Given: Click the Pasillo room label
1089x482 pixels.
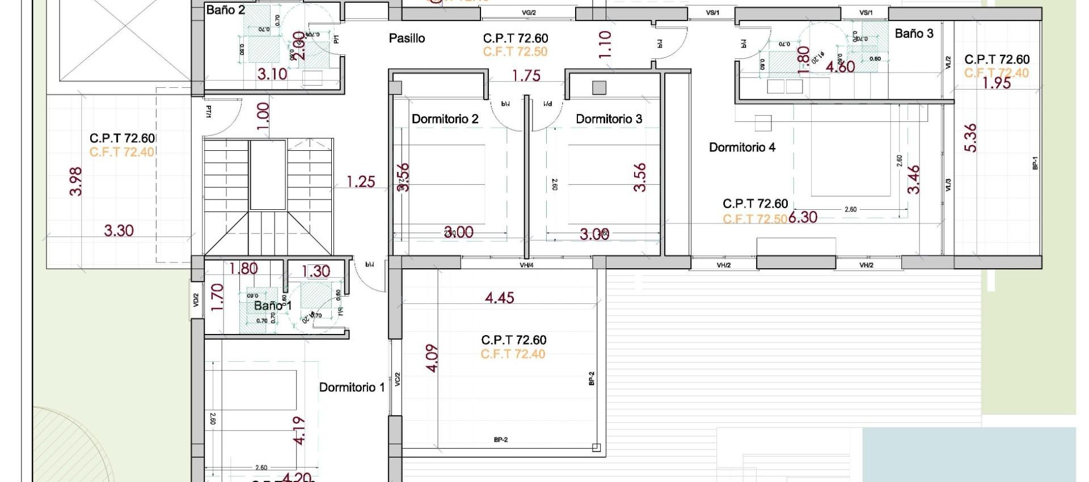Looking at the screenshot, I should pos(407,39).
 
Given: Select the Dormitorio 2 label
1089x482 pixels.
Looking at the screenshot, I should pos(445,119).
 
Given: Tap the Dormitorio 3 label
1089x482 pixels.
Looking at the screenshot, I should pos(609,119).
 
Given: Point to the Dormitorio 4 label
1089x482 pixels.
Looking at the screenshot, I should pos(742,147).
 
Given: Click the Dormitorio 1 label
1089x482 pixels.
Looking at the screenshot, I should pos(352,387).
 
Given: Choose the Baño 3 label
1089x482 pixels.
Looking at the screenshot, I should pos(914,33).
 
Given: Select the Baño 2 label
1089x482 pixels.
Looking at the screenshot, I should pos(225,10).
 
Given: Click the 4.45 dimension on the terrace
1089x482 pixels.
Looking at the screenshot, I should pos(499,298).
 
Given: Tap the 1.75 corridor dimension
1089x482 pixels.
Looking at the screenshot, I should pos(526,76).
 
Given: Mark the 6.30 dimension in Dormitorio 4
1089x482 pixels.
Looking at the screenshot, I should pos(803,217).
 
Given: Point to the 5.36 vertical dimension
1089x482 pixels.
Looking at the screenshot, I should pos(970,138).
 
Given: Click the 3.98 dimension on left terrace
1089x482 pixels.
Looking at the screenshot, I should pos(76,181).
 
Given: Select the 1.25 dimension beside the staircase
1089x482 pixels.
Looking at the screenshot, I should pos(361,182).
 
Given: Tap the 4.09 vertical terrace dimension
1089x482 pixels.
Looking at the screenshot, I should pos(432,358).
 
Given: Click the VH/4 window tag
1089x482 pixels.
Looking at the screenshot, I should pos(526,265).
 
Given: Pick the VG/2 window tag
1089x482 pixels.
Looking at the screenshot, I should pos(529,12).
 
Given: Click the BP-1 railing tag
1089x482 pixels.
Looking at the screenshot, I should pos(1035,163).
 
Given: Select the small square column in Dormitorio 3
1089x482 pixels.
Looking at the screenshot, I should pos(599,87).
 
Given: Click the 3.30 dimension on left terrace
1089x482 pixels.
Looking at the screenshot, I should pos(119,231).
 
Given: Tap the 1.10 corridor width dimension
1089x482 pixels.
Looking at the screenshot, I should pos(605,44).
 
